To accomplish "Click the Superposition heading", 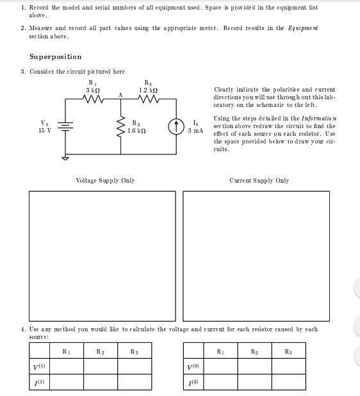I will (56, 57).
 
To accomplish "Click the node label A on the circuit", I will (120, 95).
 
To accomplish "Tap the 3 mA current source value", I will (195, 130).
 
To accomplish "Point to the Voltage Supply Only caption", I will (105, 181).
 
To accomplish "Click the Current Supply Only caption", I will (259, 181).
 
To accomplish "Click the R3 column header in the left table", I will (134, 351).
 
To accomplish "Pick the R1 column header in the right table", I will (220, 351).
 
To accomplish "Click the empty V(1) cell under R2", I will (100, 366).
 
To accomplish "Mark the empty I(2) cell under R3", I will (288, 382).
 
